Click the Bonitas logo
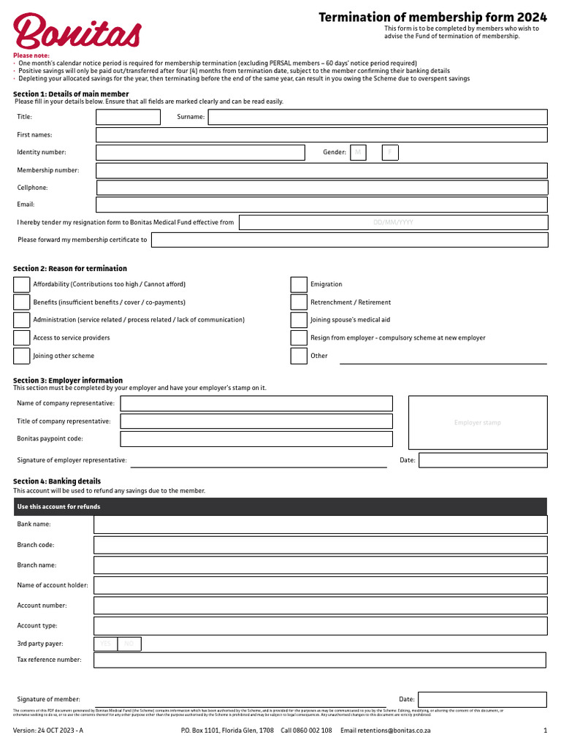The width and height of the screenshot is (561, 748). pyautogui.click(x=77, y=33)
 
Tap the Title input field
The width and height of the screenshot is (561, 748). pyautogui.click(x=128, y=117)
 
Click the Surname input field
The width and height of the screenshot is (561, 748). pyautogui.click(x=378, y=117)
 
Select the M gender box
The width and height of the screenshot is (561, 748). pyautogui.click(x=358, y=153)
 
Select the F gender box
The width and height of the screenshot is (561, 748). pyautogui.click(x=390, y=153)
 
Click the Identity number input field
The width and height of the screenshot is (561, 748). pyautogui.click(x=200, y=153)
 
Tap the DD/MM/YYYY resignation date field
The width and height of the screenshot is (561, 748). pyautogui.click(x=393, y=223)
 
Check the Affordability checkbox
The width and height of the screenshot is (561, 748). pyautogui.click(x=22, y=284)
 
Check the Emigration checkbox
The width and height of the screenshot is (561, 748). pyautogui.click(x=299, y=284)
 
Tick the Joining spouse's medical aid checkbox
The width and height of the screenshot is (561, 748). pyautogui.click(x=299, y=320)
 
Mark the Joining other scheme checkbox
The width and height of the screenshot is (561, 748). pyautogui.click(x=22, y=356)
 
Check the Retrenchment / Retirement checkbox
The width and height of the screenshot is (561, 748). pyautogui.click(x=299, y=302)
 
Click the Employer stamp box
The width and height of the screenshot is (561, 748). pyautogui.click(x=478, y=422)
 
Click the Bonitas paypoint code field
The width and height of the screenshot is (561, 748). pyautogui.click(x=256, y=439)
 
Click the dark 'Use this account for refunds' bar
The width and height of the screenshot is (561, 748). pyautogui.click(x=280, y=507)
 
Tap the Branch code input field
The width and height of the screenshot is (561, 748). pyautogui.click(x=320, y=545)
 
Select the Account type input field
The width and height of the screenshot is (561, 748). pyautogui.click(x=320, y=626)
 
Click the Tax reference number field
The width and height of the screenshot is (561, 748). pyautogui.click(x=320, y=660)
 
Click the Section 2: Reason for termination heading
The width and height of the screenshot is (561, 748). pyautogui.click(x=70, y=269)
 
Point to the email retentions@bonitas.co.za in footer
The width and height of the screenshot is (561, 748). pyautogui.click(x=386, y=730)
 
